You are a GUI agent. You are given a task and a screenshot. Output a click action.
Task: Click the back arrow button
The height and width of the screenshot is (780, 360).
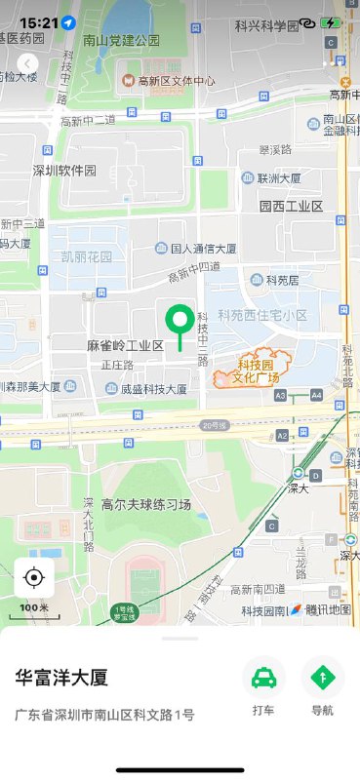[x=27, y=63]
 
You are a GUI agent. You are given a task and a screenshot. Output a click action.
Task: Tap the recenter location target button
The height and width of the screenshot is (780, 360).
[x=34, y=578]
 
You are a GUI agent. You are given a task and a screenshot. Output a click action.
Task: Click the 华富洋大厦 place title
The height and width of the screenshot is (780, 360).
[x=60, y=678]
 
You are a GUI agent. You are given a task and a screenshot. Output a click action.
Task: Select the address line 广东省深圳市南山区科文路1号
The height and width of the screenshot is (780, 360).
[x=104, y=715]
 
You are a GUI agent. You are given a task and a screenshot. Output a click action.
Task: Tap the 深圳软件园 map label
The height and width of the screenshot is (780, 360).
[x=65, y=171]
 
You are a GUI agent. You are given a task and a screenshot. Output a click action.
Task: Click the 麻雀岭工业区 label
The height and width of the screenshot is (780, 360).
[x=125, y=346]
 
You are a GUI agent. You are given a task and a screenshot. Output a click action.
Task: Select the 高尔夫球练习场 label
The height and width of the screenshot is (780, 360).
[x=146, y=504]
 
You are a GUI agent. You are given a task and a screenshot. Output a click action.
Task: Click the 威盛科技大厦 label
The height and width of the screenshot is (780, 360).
[x=153, y=388]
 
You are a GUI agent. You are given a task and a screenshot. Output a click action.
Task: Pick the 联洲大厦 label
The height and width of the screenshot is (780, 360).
[x=279, y=178]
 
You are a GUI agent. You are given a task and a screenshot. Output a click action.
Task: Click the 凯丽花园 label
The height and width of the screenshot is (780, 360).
[x=86, y=257]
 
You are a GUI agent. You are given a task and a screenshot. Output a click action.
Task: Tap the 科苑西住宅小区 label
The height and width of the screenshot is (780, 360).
[x=262, y=316]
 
